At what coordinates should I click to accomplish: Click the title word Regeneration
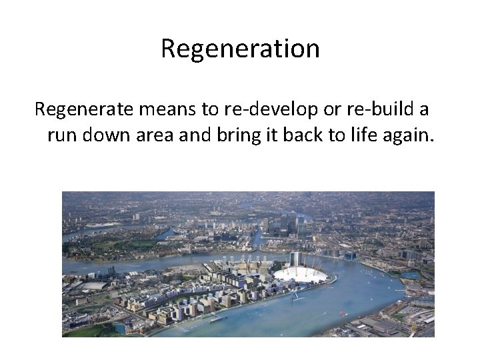pos(240,49)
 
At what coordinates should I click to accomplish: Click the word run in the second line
pos(60,136)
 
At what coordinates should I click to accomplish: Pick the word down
pos(99,136)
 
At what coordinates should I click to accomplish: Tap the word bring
pos(236,136)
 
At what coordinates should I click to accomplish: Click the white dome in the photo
pos(301,274)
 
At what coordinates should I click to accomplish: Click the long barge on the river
pos(221,319)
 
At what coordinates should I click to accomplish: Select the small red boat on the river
pos(343,313)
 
